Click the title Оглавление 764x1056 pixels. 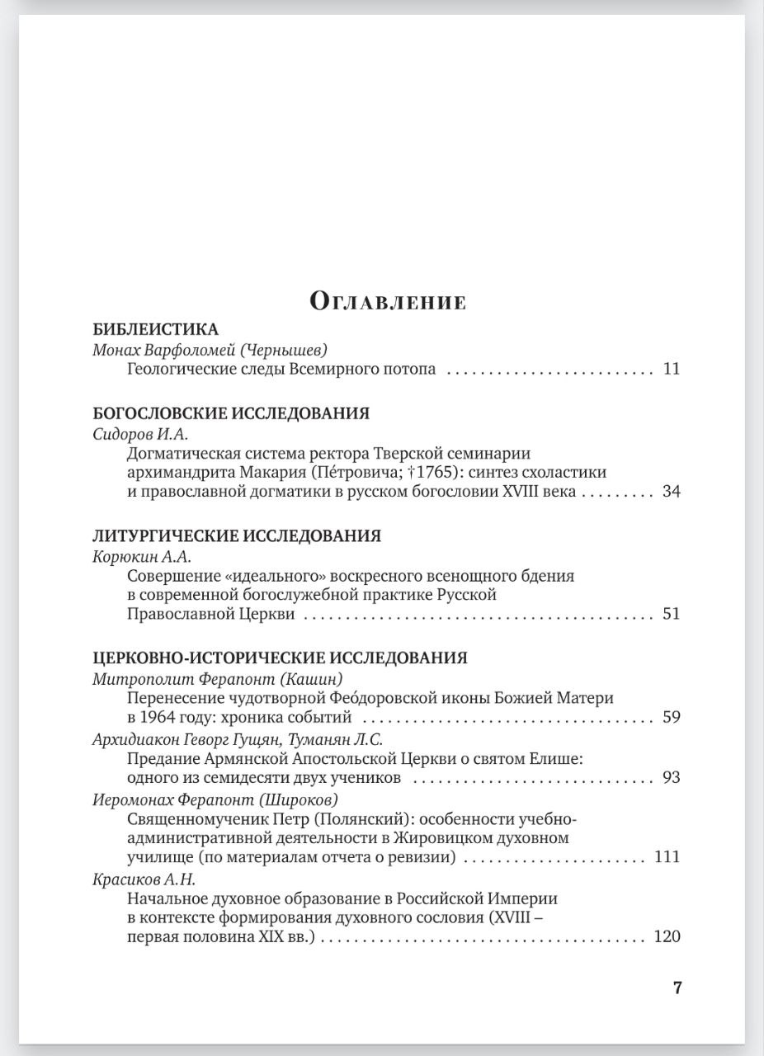point(388,301)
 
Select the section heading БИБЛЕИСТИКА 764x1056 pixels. point(155,328)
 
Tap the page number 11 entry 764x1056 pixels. point(671,369)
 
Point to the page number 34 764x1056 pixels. point(671,493)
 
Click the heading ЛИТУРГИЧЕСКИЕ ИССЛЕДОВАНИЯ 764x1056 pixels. point(237,535)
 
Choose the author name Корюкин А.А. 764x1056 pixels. point(142,556)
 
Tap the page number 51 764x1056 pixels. point(671,614)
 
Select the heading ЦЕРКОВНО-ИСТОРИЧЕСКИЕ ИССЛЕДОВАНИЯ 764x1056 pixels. point(280,658)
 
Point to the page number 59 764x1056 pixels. point(671,717)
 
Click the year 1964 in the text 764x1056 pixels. point(160,717)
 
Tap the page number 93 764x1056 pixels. point(671,777)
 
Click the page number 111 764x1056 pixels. point(667,857)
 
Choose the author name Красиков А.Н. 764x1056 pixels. point(144,879)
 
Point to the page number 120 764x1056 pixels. point(667,936)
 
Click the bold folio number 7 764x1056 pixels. point(677,988)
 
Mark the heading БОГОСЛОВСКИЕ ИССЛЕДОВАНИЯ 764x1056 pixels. point(231,413)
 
